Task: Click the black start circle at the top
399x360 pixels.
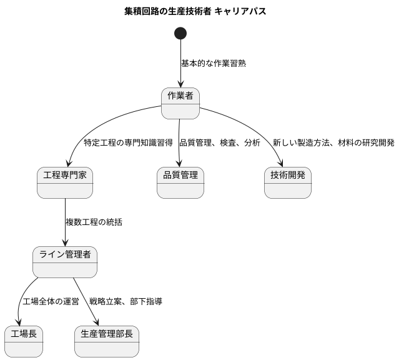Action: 181,33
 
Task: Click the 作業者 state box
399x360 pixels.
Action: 180,103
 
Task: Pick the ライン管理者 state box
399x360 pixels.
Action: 65,262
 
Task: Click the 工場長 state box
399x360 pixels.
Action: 24,341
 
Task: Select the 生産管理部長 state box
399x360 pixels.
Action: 107,341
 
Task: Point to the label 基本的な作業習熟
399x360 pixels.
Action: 213,64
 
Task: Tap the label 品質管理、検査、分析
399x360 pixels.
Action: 220,143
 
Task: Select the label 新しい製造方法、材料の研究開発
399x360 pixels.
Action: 333,143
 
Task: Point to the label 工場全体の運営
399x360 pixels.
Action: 51,302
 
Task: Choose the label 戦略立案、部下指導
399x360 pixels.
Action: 126,302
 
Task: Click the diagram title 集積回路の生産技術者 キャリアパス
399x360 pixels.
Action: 199,12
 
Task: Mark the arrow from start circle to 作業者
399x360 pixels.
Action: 181,69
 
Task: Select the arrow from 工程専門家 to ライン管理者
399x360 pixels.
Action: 65,222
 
